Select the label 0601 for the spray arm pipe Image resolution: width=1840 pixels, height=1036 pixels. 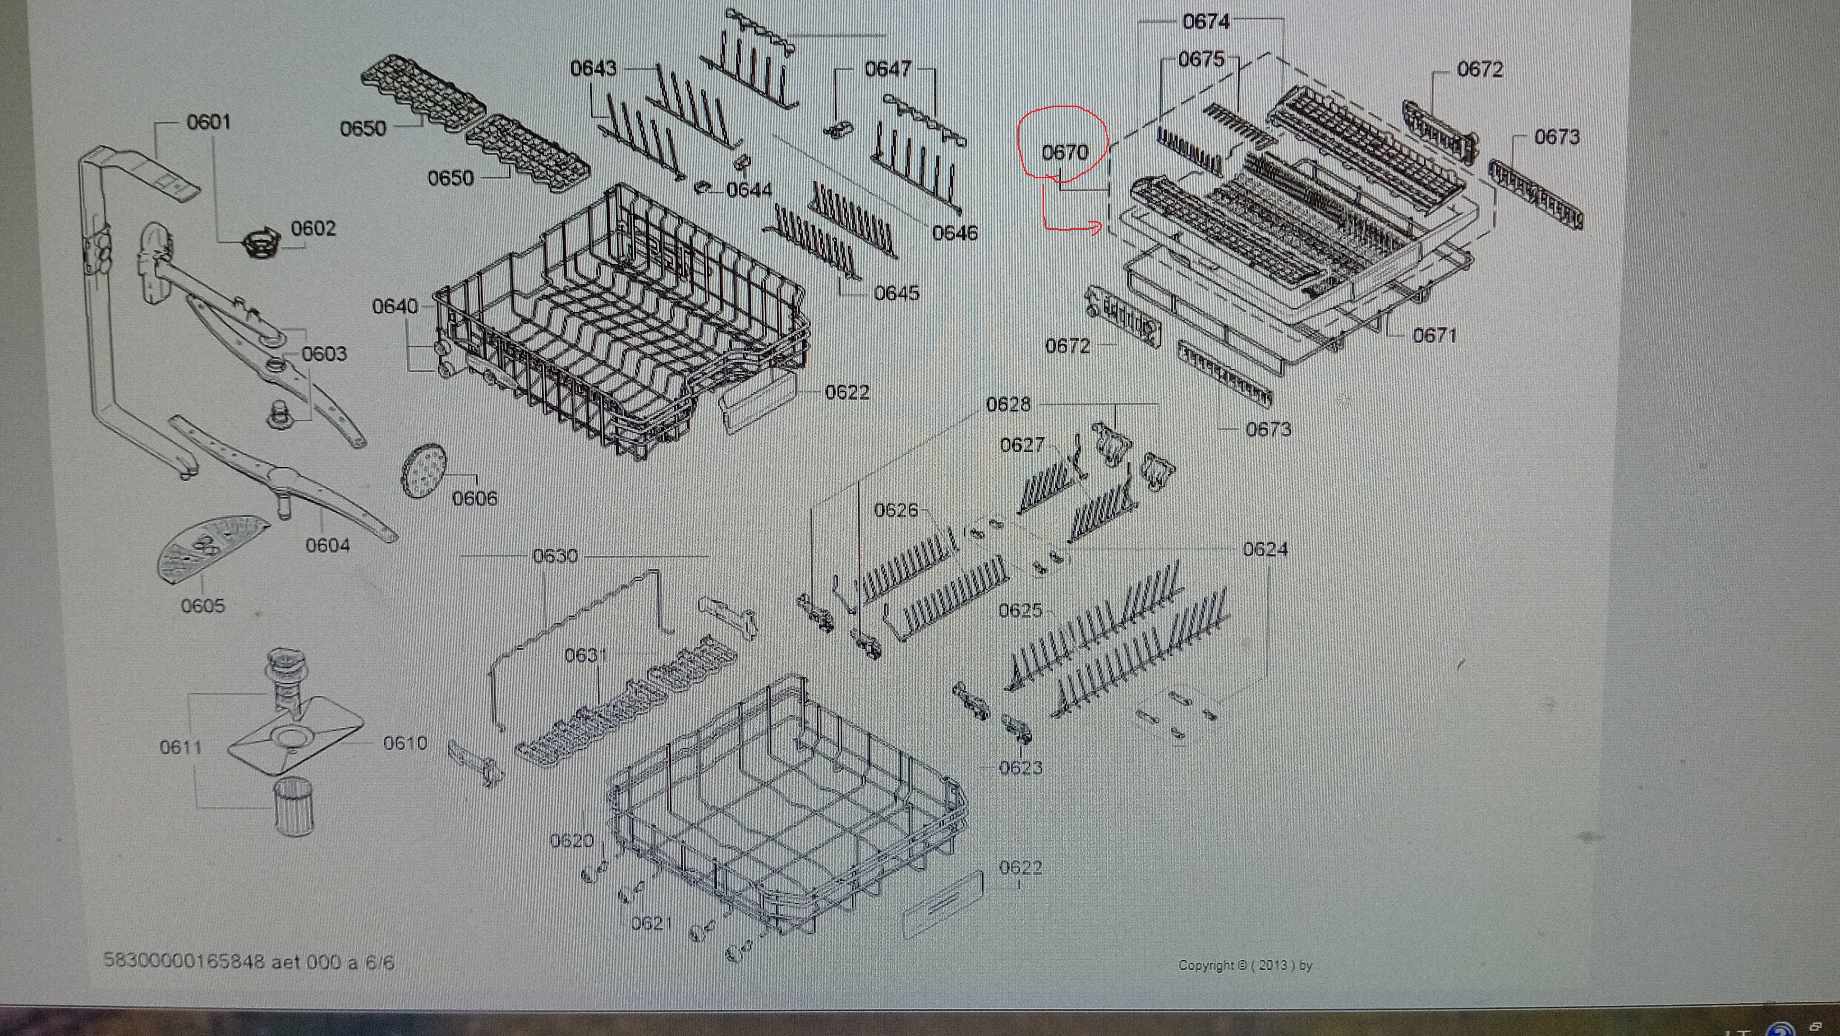(x=208, y=122)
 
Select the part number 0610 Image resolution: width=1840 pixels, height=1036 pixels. (x=405, y=743)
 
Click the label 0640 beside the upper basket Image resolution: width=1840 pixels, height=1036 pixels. (x=395, y=306)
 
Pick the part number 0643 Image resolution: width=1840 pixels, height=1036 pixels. (x=593, y=69)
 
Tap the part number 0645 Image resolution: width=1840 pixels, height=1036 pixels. (x=897, y=293)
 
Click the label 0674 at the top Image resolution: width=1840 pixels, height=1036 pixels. (x=1206, y=22)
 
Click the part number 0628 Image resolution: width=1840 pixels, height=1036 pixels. (x=1008, y=404)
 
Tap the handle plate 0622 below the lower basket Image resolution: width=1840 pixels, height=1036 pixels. (x=943, y=904)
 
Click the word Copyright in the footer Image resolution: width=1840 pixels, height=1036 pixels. (x=1206, y=965)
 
